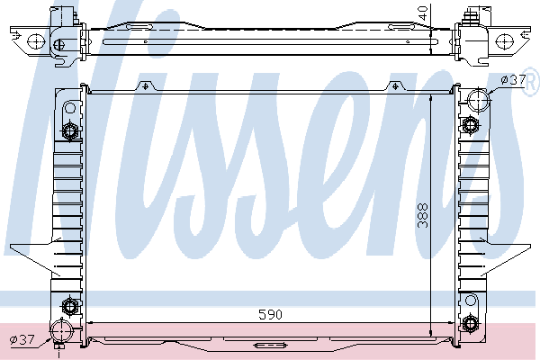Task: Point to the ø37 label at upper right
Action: tap(513, 81)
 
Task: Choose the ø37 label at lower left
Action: tap(22, 339)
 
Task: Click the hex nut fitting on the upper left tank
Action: tap(70, 133)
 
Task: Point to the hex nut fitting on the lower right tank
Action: tap(470, 324)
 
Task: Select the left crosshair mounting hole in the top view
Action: tap(36, 40)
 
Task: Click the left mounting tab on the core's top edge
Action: tap(142, 85)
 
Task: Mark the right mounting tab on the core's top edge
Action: tap(397, 85)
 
